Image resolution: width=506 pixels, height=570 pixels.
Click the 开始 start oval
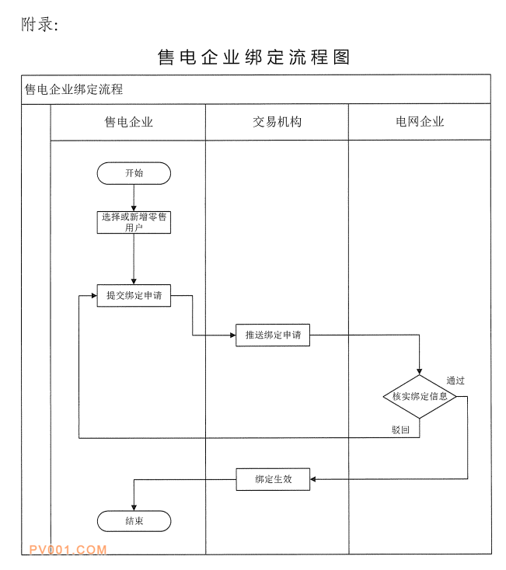pos(134,173)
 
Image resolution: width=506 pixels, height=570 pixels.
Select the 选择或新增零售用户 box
pos(134,222)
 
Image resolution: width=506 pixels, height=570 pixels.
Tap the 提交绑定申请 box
pos(134,296)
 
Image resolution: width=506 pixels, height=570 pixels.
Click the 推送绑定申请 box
pos(273,335)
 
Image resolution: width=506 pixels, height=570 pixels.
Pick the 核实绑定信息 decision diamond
pos(420,396)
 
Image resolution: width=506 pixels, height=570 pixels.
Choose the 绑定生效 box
pos(273,479)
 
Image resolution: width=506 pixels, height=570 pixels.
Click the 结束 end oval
pos(134,521)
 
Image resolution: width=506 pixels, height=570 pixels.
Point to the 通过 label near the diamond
pos(455,381)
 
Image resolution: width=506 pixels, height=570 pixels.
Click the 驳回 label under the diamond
pos(400,429)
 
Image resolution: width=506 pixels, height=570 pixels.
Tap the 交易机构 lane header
pos(277,122)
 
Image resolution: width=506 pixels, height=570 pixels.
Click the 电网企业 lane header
pos(420,122)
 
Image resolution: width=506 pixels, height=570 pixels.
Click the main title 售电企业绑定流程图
pos(253,57)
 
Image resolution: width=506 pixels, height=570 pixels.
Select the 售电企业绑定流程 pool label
pos(74,89)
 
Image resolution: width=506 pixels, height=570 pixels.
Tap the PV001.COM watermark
pos(68,550)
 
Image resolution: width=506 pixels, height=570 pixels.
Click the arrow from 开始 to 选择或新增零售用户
pos(134,197)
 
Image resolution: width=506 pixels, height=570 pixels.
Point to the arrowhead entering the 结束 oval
pos(134,506)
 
